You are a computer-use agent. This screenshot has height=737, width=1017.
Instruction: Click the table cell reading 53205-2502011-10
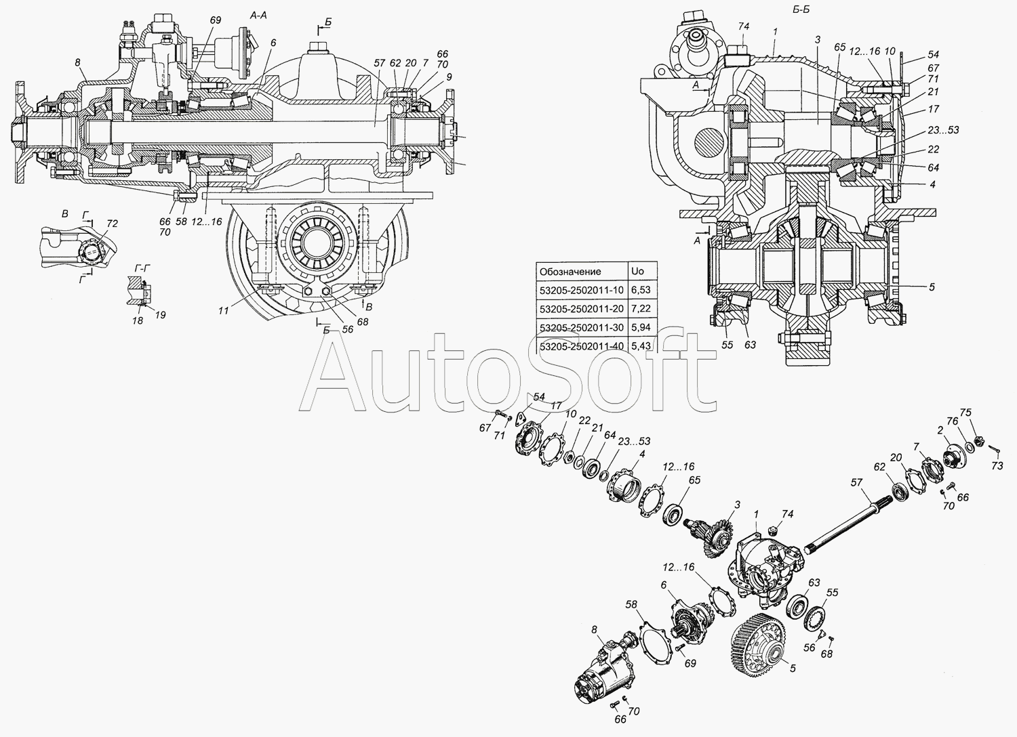click(582, 290)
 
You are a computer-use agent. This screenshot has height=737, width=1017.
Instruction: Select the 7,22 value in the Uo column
click(641, 308)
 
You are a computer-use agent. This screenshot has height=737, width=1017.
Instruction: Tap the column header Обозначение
click(570, 272)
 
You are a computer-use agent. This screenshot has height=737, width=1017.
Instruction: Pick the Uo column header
click(637, 271)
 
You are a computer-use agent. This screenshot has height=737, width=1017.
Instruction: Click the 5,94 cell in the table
click(641, 327)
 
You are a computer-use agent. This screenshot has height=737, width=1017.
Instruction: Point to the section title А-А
click(258, 16)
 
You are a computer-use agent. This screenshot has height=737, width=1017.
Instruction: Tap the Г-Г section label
click(142, 268)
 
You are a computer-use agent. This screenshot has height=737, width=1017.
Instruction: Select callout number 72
click(112, 223)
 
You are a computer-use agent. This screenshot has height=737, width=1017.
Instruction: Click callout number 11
click(223, 311)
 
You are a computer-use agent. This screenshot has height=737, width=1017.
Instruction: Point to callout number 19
click(160, 315)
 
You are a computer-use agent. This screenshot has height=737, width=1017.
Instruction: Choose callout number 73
click(997, 466)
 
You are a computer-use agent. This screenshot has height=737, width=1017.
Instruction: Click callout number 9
click(449, 77)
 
